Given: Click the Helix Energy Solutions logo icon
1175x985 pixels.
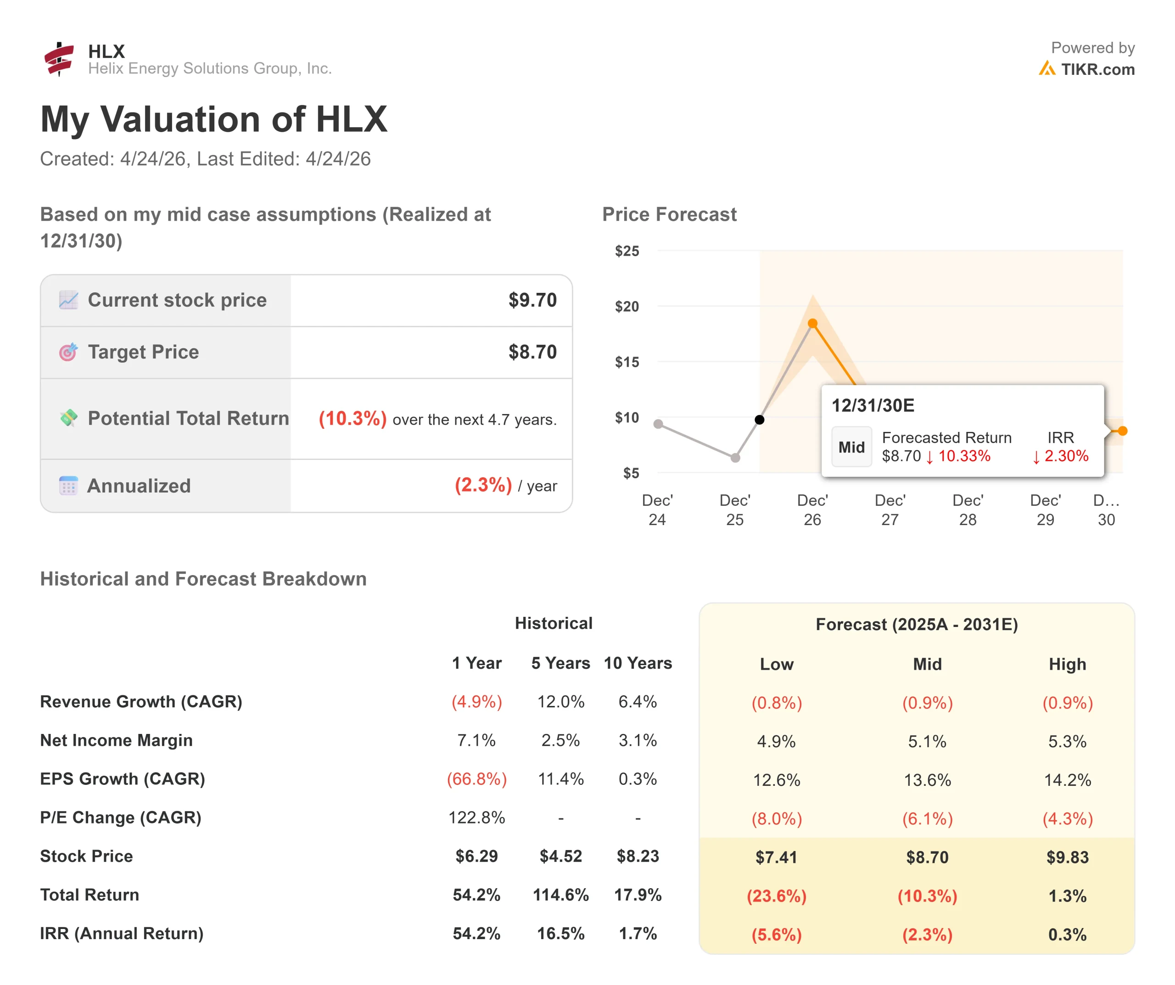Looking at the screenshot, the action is click(59, 59).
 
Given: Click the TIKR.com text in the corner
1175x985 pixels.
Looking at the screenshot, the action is click(1098, 69).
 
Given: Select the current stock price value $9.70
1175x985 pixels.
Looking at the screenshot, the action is click(532, 300).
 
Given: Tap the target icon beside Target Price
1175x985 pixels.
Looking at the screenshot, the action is click(68, 352).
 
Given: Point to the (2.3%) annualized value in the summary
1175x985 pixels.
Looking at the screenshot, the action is click(483, 485).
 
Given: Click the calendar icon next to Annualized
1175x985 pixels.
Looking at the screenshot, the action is click(68, 485).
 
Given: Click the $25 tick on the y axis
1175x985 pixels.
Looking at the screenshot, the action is click(627, 251).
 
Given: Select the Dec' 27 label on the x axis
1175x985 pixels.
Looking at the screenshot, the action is click(890, 510).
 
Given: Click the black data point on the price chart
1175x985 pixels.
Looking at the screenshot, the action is click(759, 420).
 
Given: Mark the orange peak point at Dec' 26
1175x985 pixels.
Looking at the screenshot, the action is click(812, 324).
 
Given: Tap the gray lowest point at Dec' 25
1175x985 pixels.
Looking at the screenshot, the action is click(735, 458).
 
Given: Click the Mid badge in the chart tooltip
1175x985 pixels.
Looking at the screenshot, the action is click(851, 447).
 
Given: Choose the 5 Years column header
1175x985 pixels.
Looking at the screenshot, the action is click(560, 663).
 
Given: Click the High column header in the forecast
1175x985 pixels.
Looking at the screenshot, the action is click(1067, 664).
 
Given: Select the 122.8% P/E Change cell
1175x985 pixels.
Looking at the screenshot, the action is click(477, 817).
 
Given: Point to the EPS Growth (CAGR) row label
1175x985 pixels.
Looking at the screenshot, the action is click(123, 779).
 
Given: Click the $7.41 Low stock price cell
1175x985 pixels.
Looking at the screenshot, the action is click(776, 857).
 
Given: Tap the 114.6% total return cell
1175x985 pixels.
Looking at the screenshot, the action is click(560, 895).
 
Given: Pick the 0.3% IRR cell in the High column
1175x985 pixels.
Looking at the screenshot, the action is click(1067, 934).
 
